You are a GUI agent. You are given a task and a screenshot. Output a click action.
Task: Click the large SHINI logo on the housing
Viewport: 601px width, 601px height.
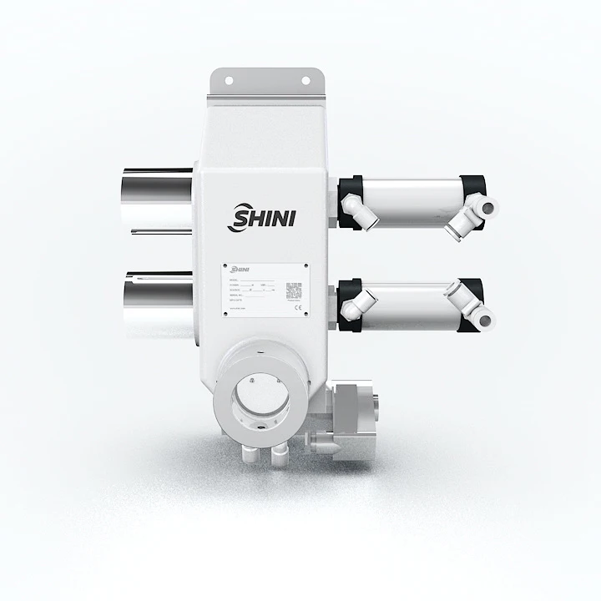260,219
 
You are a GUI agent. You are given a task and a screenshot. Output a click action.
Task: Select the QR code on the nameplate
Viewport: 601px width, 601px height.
293,290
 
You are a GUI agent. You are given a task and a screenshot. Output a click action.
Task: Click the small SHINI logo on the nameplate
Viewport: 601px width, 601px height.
240,270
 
